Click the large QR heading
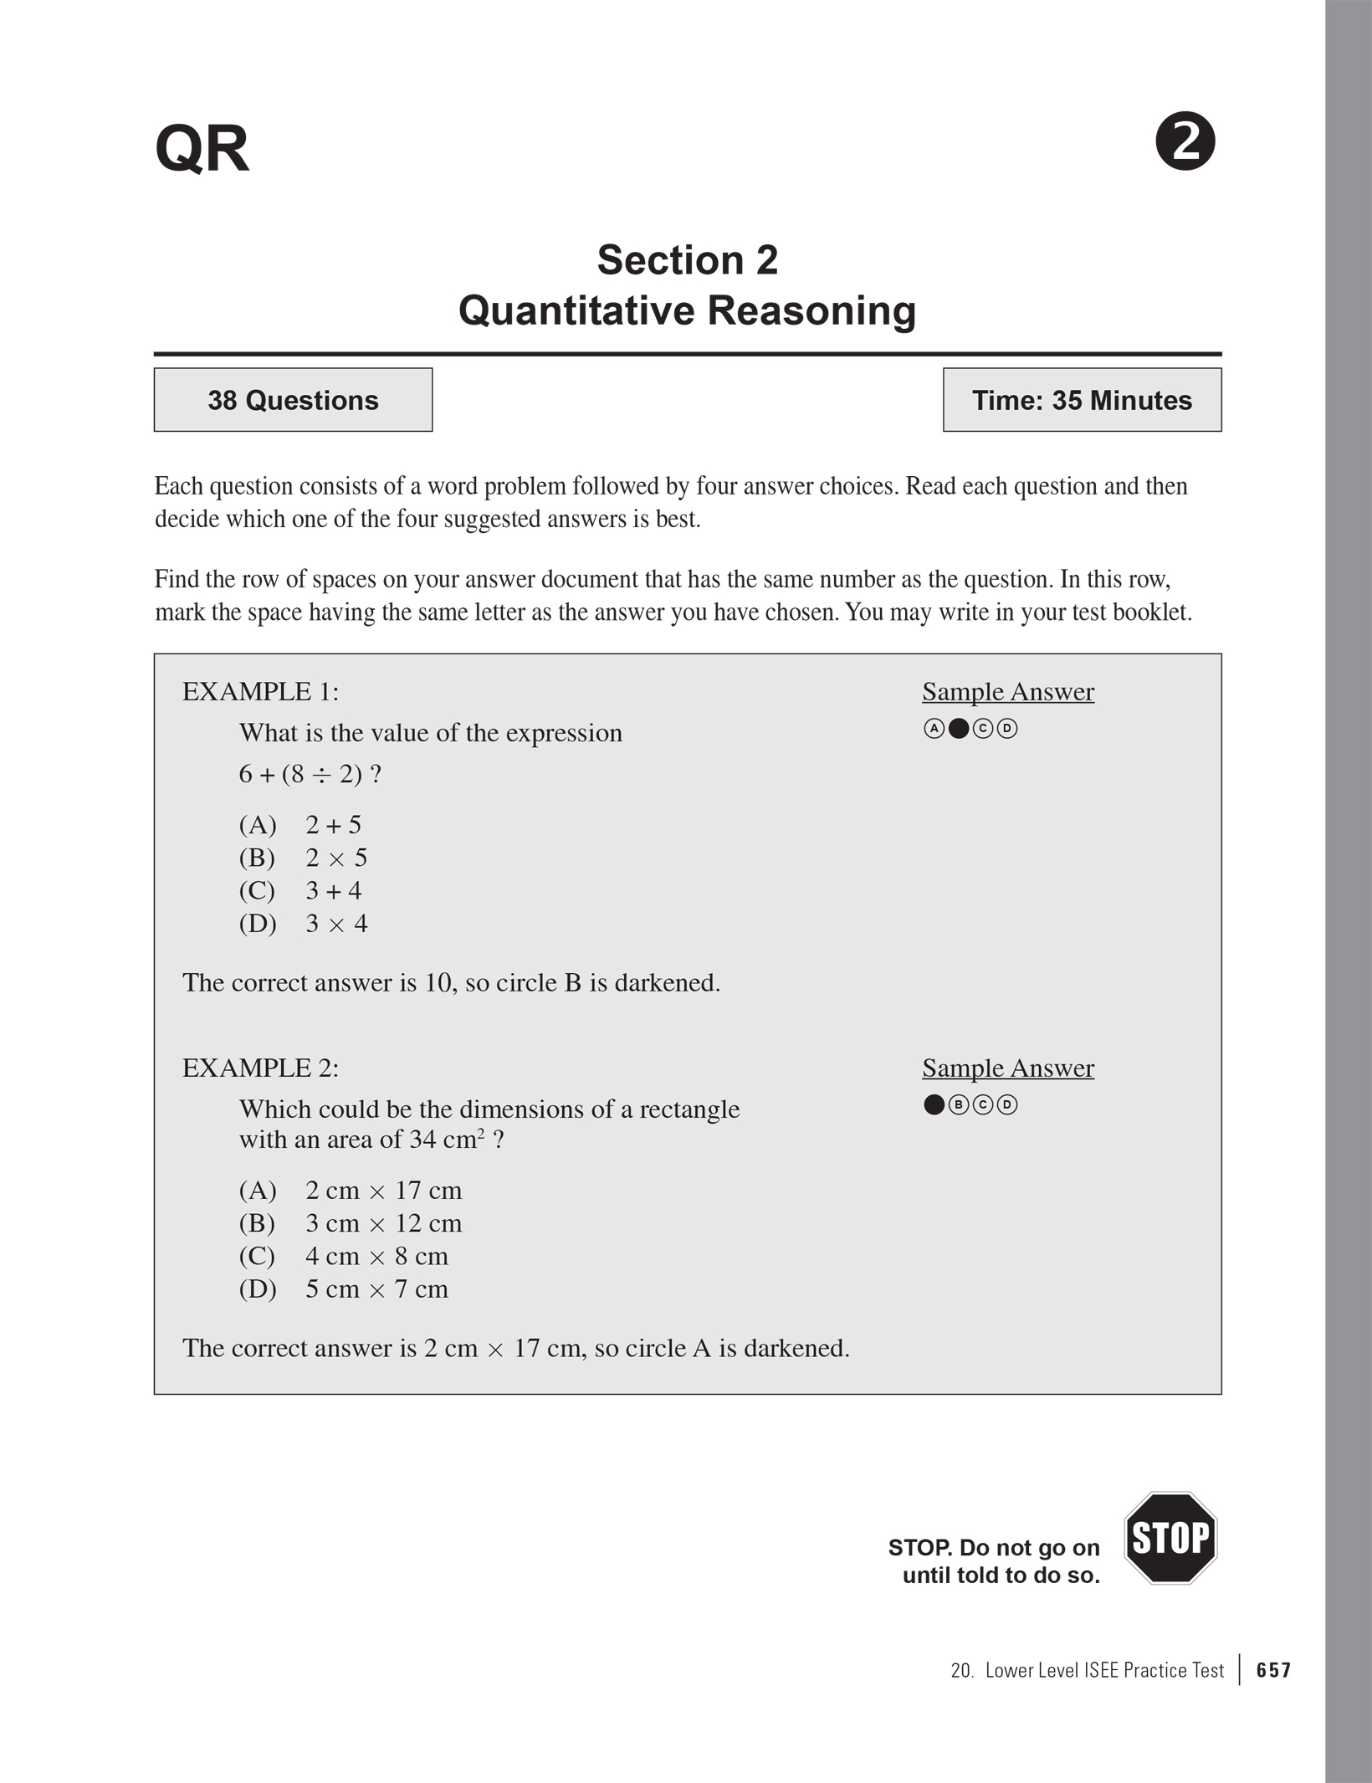tap(202, 150)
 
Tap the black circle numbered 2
tap(1185, 141)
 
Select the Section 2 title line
tap(687, 260)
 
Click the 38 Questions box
tap(293, 400)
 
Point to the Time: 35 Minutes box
tap(1082, 400)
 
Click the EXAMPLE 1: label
tap(260, 692)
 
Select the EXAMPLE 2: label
tap(260, 1068)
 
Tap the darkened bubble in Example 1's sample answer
tap(959, 729)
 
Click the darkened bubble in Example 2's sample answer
tap(934, 1105)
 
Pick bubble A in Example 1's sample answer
tap(934, 729)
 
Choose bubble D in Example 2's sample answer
tap(1008, 1105)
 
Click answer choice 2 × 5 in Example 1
tap(336, 858)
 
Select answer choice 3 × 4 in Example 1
tap(336, 924)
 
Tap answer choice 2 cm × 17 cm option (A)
tap(383, 1191)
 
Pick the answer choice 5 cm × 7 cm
tap(376, 1289)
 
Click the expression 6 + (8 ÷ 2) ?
tap(310, 774)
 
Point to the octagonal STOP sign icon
tap(1170, 1538)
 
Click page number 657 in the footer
tap(1273, 1671)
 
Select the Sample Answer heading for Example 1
tap(1008, 692)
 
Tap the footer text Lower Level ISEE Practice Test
tap(1104, 1671)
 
